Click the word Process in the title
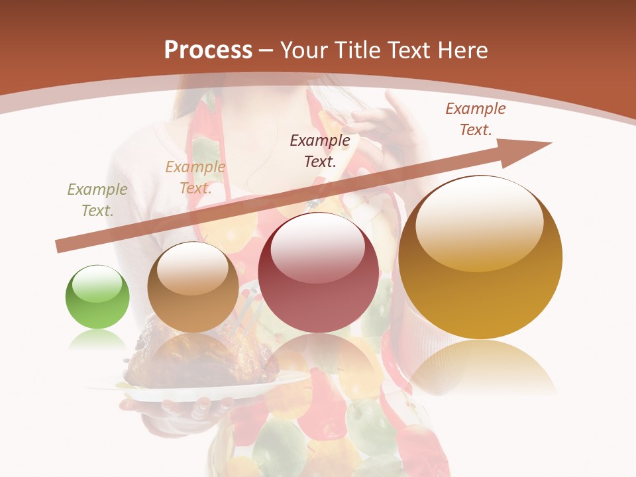coord(208,50)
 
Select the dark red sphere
coord(318,273)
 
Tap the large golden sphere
coord(480,258)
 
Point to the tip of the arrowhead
coord(551,142)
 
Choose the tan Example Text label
coord(195,178)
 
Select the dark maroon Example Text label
coord(320,150)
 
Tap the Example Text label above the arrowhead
coord(476,119)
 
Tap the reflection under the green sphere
coord(97,339)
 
